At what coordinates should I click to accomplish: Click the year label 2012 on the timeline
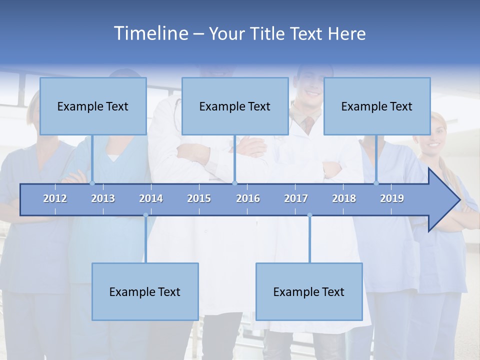pyautogui.click(x=55, y=198)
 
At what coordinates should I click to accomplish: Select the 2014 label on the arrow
pyautogui.click(x=151, y=198)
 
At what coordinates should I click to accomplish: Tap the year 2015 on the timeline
pyautogui.click(x=199, y=198)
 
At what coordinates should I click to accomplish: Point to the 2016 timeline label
pyautogui.click(x=248, y=198)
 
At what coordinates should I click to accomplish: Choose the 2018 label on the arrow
pyautogui.click(x=344, y=198)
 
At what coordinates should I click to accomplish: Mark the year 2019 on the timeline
pyautogui.click(x=392, y=198)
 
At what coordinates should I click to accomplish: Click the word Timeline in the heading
pyautogui.click(x=150, y=33)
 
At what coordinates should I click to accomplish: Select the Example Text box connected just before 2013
pyautogui.click(x=93, y=106)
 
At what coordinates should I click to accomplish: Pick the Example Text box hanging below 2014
pyautogui.click(x=145, y=291)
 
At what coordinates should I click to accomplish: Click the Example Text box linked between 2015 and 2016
pyautogui.click(x=235, y=106)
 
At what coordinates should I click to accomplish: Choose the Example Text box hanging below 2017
pyautogui.click(x=309, y=291)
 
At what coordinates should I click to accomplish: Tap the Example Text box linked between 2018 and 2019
pyautogui.click(x=377, y=106)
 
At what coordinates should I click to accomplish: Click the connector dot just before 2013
pyautogui.click(x=92, y=183)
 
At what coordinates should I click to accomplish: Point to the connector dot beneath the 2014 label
pyautogui.click(x=146, y=215)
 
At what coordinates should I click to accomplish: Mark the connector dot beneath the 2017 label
pyautogui.click(x=309, y=215)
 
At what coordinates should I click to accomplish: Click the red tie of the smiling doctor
pyautogui.click(x=309, y=124)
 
